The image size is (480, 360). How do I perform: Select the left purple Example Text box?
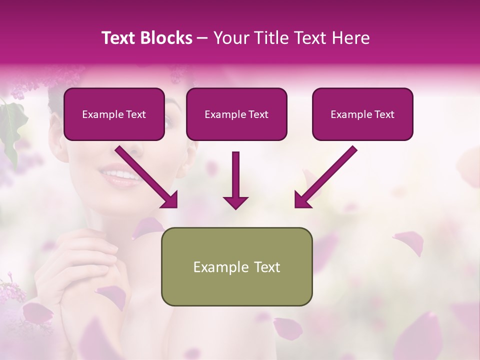(114, 114)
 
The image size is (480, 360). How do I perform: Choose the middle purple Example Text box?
(236, 114)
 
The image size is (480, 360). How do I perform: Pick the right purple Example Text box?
(362, 114)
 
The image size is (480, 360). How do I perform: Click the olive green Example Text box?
(236, 266)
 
